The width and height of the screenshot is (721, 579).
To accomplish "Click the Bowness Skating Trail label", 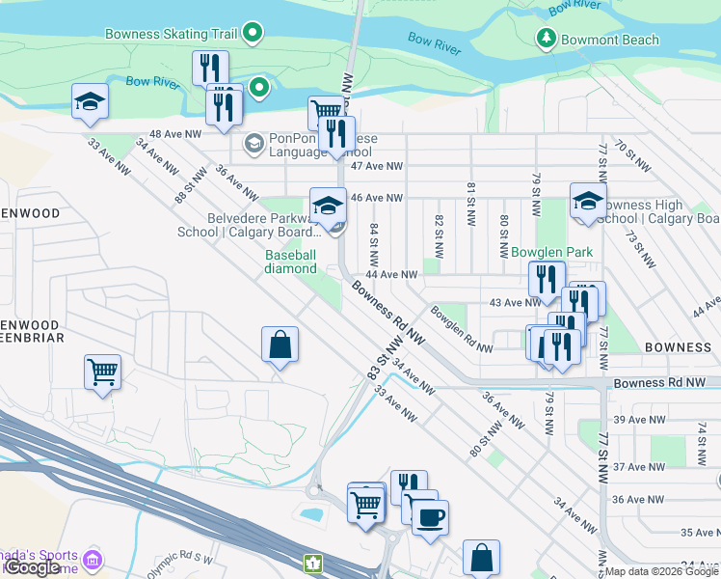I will point(172,35).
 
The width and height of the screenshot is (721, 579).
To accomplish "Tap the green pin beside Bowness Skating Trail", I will point(254,35).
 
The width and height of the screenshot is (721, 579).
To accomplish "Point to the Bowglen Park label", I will point(551,252).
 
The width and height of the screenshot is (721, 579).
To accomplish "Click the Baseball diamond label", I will point(291,262).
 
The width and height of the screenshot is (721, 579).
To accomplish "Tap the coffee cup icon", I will point(430,516).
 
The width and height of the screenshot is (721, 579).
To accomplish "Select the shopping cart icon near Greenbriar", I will point(103,372).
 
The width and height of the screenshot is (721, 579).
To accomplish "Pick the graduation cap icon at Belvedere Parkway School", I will point(328,206).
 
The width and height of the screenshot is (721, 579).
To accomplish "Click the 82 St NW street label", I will point(439,234).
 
